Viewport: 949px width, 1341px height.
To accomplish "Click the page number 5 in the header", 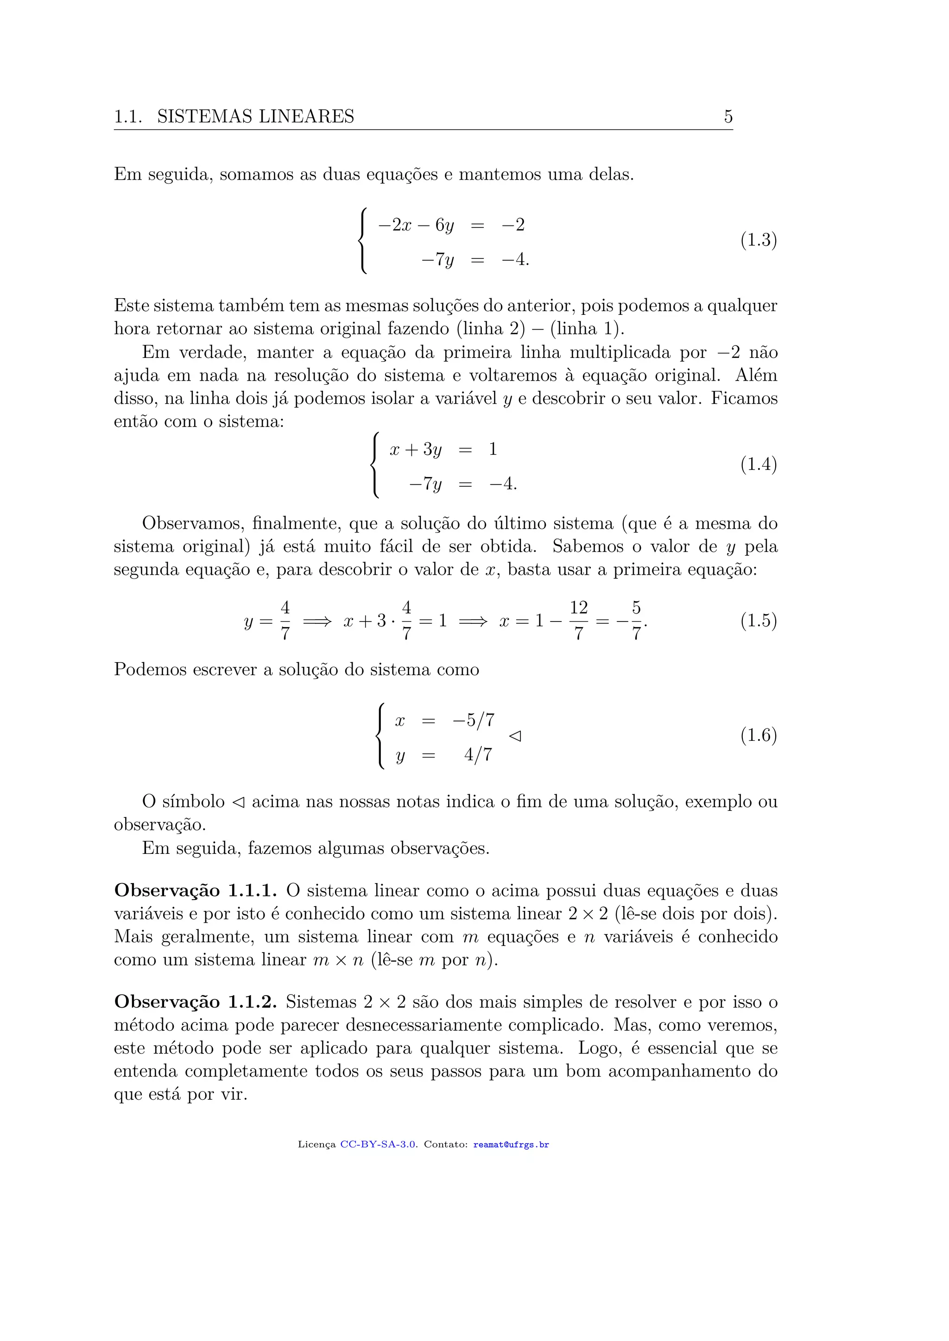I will pos(728,116).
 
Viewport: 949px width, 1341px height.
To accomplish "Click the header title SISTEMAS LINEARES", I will pos(255,116).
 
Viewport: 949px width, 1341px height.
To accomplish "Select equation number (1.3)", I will pos(759,240).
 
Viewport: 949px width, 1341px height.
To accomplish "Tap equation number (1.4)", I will pos(759,464).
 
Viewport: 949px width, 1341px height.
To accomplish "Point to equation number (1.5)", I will pos(759,620).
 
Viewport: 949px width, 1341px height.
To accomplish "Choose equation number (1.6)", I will pos(759,735).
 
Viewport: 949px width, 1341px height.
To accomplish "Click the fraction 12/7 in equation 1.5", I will pos(578,620).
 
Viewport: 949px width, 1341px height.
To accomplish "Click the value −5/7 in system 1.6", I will pos(473,720).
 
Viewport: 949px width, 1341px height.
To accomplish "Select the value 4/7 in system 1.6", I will pos(478,755).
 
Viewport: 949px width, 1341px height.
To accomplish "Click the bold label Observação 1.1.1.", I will pos(195,891).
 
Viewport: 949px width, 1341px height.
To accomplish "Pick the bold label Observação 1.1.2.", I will pos(195,1002).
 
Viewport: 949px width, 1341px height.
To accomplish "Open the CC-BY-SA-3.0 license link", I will pos(378,1145).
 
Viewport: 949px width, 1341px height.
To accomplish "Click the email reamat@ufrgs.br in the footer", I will pos(511,1145).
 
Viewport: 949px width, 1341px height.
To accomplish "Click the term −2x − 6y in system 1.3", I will pos(416,226).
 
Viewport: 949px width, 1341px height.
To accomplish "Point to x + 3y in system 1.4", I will pos(416,450).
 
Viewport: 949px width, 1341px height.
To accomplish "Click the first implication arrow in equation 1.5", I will pos(317,621).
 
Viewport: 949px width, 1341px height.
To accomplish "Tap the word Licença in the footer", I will pos(316,1145).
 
